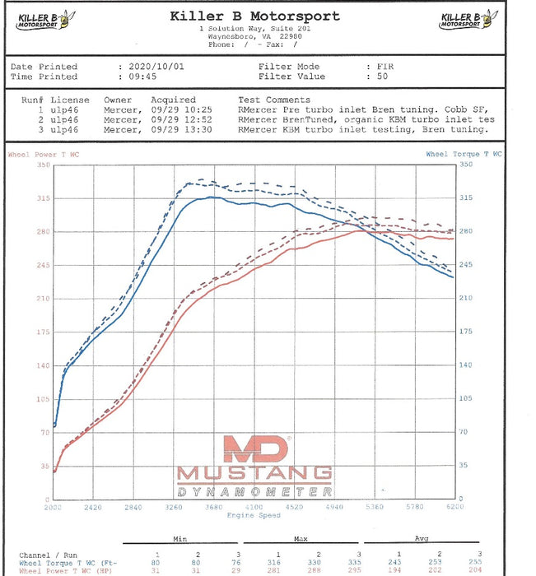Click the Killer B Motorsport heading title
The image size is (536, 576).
pyautogui.click(x=254, y=16)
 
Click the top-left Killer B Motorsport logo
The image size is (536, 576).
pyautogui.click(x=43, y=20)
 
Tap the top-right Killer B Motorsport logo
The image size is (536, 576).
pyautogui.click(x=468, y=20)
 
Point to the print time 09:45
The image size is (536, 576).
pyautogui.click(x=143, y=77)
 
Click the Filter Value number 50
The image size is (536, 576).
pyautogui.click(x=383, y=77)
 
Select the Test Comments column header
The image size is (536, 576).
pyautogui.click(x=274, y=100)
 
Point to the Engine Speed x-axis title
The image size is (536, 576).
pyautogui.click(x=254, y=515)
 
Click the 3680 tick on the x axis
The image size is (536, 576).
pyautogui.click(x=213, y=508)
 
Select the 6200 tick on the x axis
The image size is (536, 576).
pyautogui.click(x=454, y=508)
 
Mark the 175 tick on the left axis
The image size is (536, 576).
pyautogui.click(x=43, y=332)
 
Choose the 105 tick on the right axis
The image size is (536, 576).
pyautogui.click(x=465, y=398)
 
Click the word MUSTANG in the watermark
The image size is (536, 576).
pyautogui.click(x=254, y=474)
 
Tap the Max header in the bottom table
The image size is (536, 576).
pyautogui.click(x=301, y=540)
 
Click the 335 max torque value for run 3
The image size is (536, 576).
pyautogui.click(x=354, y=561)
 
